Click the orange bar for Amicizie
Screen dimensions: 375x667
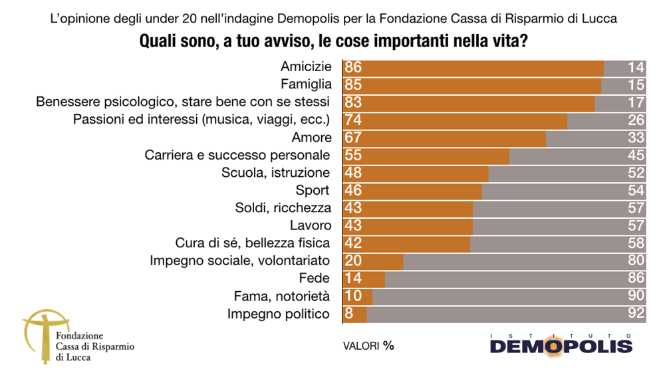coord(473,68)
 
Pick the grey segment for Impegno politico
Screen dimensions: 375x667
coord(506,314)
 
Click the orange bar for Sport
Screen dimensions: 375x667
coord(412,190)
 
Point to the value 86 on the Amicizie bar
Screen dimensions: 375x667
coord(353,68)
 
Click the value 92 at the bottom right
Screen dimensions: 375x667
coord(636,314)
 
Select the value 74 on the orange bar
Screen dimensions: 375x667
coord(353,120)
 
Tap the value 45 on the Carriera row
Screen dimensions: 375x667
coord(636,156)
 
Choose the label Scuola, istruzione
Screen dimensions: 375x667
coord(275,173)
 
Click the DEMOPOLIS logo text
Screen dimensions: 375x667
coord(561,346)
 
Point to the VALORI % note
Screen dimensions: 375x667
coord(373,346)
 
